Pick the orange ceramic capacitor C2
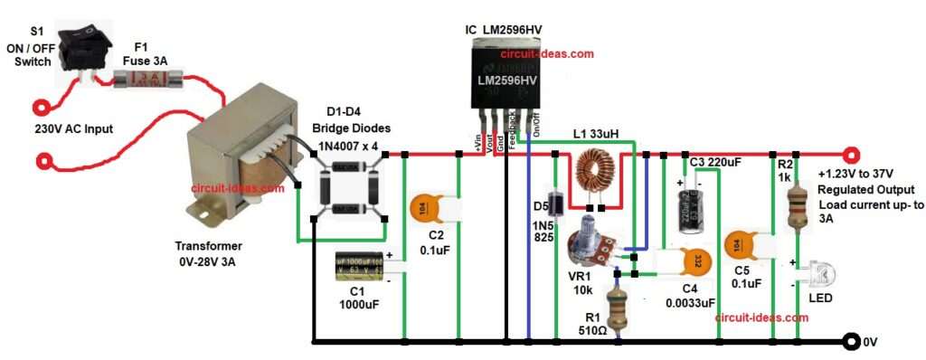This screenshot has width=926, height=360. click(429, 207)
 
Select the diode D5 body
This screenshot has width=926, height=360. click(559, 201)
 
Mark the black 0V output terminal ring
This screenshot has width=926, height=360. click(850, 341)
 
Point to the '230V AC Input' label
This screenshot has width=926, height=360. click(73, 128)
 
